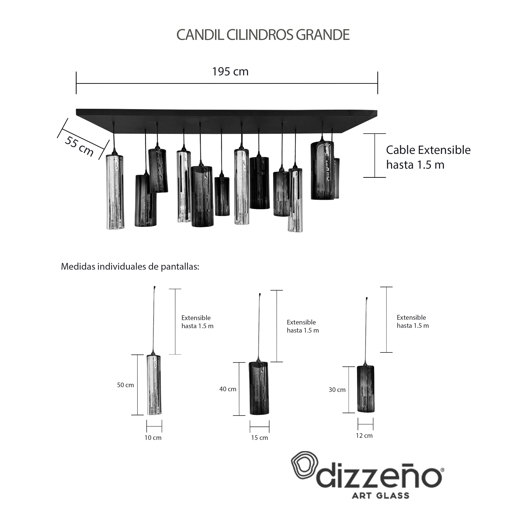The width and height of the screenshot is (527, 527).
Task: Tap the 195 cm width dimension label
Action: pos(230,72)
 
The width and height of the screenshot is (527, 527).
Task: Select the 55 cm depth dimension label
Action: pos(79,147)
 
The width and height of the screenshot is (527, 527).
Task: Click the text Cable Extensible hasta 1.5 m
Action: pos(428,157)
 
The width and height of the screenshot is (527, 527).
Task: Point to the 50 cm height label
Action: pos(125,385)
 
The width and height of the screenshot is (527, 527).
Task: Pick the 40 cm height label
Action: pos(228,389)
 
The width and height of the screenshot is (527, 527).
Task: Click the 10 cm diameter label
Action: pos(153,438)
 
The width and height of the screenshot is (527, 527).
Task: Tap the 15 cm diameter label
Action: pos(259,438)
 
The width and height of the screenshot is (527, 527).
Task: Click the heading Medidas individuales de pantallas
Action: pos(130,266)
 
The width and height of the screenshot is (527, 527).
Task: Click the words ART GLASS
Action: pos(380,495)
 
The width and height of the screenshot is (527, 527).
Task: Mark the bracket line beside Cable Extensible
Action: pos(375,155)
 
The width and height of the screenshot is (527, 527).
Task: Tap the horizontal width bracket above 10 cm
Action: pos(154,426)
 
